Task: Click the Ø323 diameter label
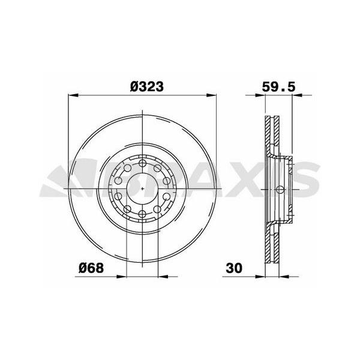(x=147, y=86)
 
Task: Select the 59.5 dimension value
(x=278, y=87)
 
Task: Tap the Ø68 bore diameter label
(x=91, y=268)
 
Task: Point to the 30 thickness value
(x=234, y=268)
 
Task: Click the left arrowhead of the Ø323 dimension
(x=73, y=95)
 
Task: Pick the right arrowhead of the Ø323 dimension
(x=211, y=95)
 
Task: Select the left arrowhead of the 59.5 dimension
(x=260, y=95)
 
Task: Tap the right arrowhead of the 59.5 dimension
(x=297, y=95)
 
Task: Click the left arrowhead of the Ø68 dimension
(x=121, y=277)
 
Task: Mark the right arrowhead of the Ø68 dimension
(x=163, y=277)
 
